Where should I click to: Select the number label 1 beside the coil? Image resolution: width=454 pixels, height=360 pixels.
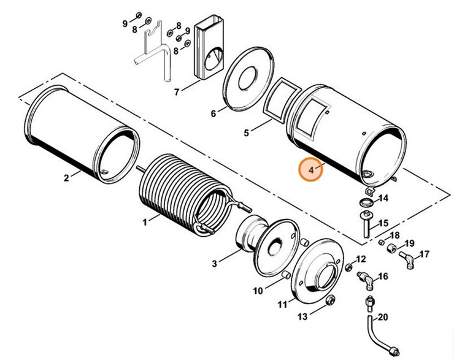pos(145,222)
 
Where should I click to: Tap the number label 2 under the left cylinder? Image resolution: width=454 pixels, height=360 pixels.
pos(66,179)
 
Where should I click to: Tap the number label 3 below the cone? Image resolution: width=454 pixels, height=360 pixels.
pos(214,264)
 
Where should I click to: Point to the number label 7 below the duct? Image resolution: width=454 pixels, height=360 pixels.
pos(177,93)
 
